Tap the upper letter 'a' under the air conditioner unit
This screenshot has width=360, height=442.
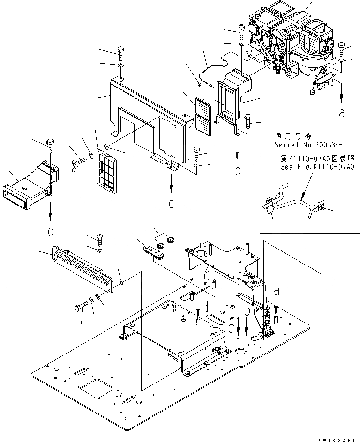[342, 113]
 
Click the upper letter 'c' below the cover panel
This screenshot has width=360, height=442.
[171, 204]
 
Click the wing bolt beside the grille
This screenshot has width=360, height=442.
[77, 157]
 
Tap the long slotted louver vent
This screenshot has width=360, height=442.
[82, 268]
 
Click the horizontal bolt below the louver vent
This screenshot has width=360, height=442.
[83, 307]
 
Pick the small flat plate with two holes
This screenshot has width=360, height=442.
[152, 250]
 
